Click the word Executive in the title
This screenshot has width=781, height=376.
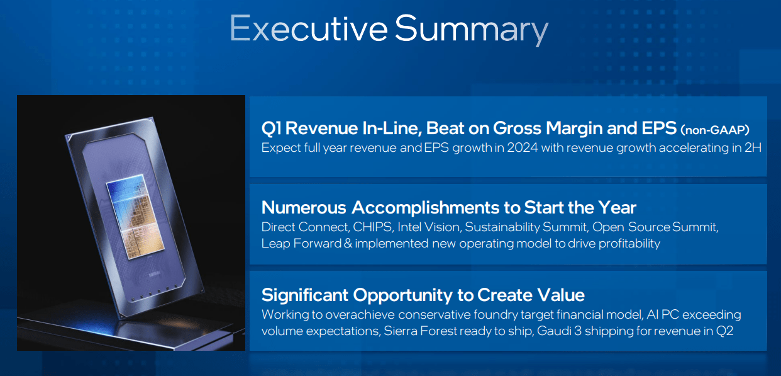(x=308, y=28)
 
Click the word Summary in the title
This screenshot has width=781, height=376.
(x=472, y=30)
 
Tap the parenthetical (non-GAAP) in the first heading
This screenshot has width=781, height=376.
(x=715, y=130)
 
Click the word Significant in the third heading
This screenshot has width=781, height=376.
(x=305, y=295)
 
